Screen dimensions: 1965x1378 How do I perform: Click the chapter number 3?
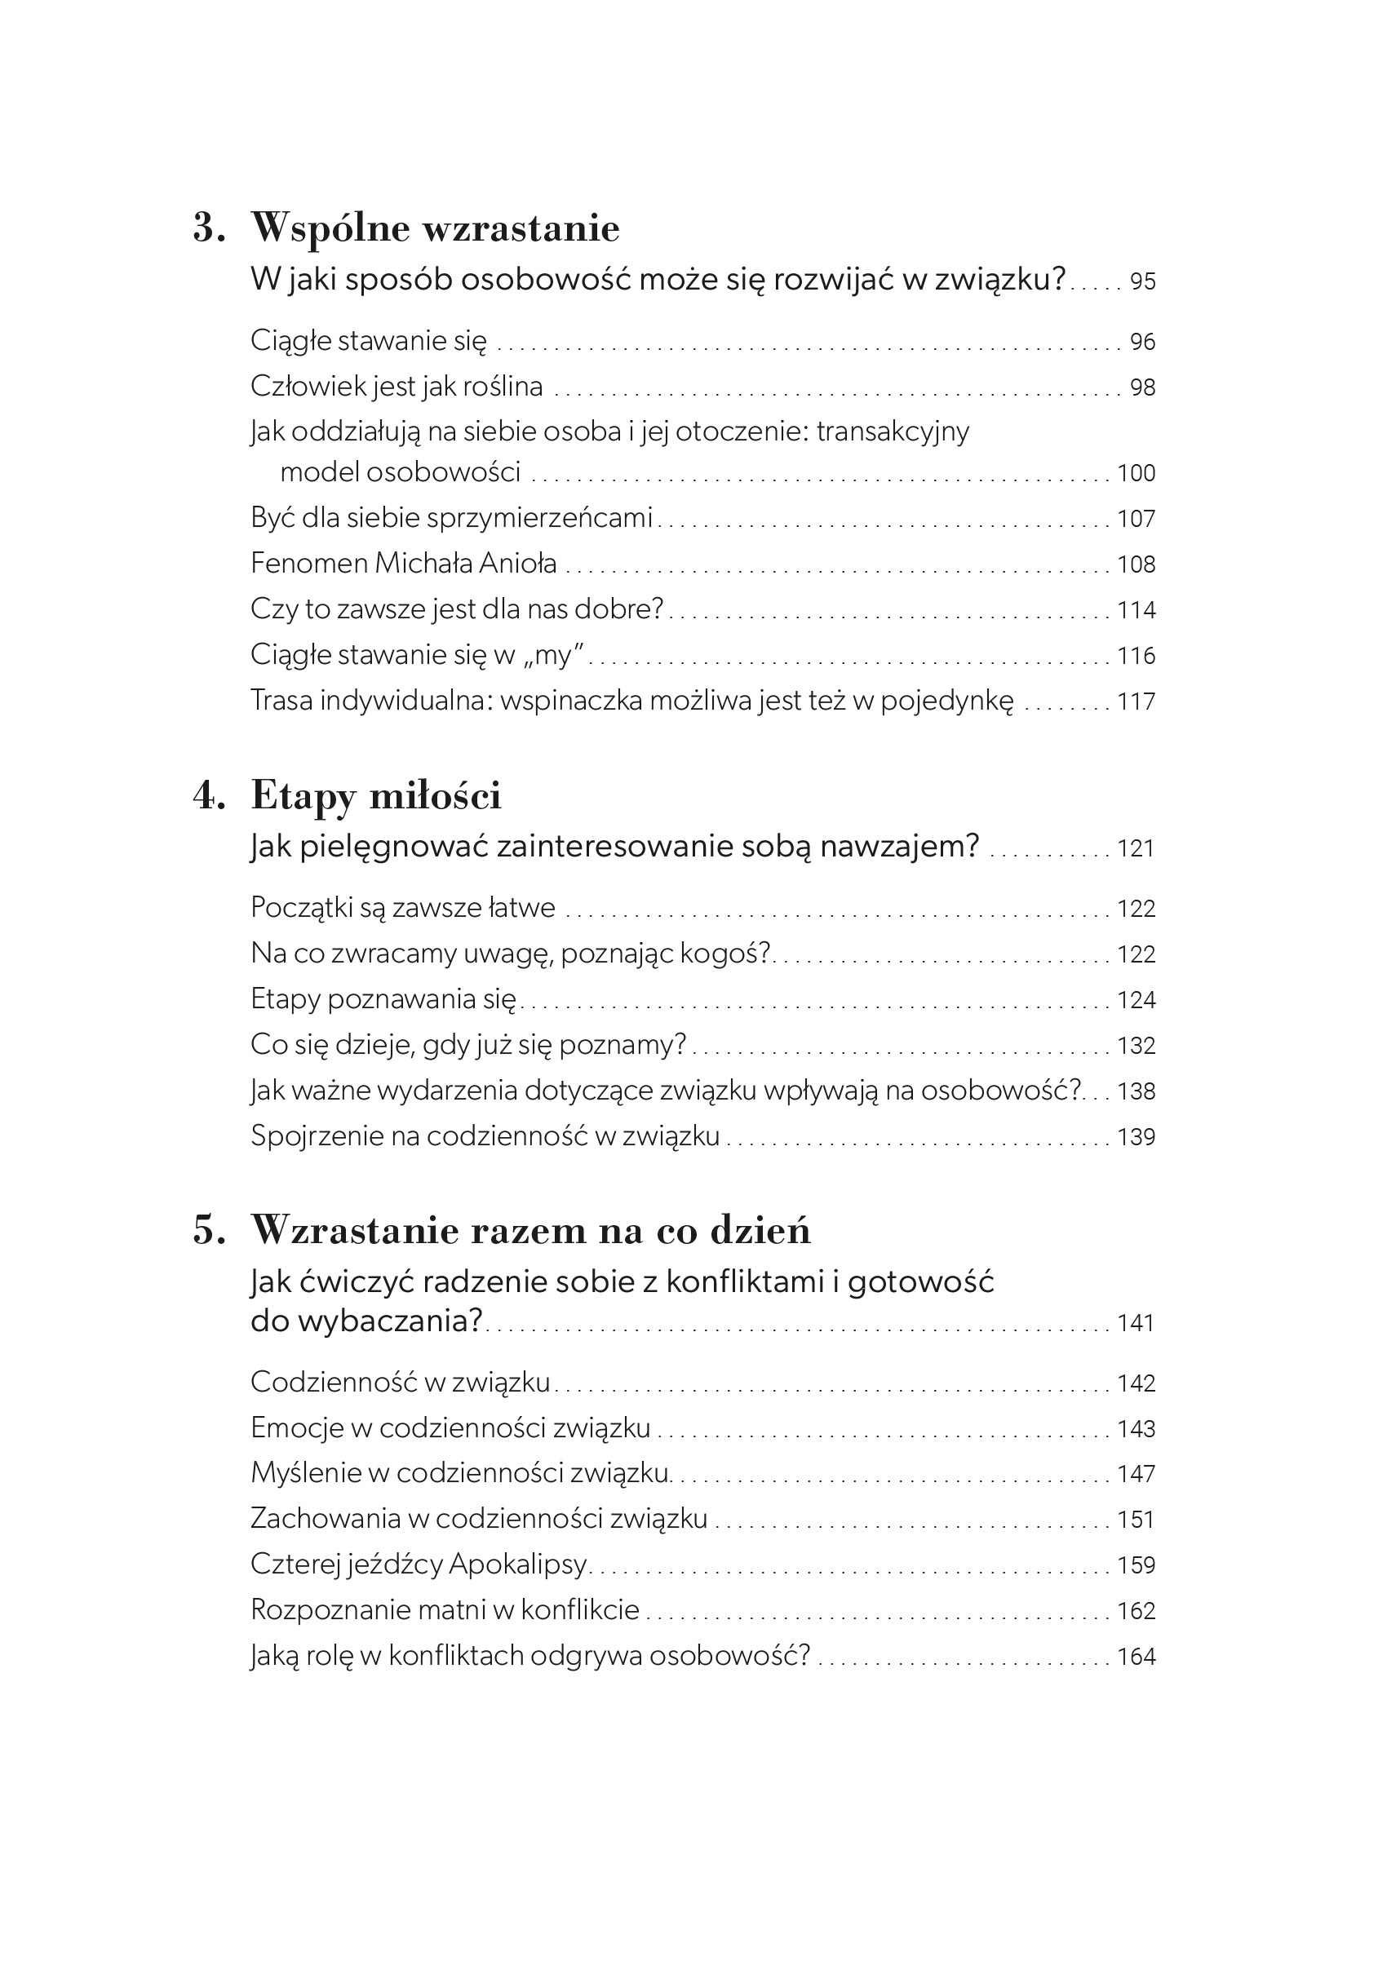[209, 228]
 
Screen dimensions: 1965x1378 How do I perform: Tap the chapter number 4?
[209, 796]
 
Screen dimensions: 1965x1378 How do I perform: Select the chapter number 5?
[209, 1231]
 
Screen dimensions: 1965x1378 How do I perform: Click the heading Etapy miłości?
[376, 796]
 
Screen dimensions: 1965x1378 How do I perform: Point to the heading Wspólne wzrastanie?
[435, 228]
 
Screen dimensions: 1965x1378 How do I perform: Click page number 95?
[1143, 281]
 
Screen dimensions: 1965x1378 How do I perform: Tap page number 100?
[1136, 473]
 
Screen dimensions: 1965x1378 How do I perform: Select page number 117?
[1136, 701]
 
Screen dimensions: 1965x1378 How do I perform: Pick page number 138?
[1136, 1091]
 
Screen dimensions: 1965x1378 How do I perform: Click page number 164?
[1136, 1656]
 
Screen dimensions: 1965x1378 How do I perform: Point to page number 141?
[1136, 1323]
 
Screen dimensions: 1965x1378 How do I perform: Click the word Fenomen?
[309, 563]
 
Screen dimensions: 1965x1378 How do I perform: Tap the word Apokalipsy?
[518, 1564]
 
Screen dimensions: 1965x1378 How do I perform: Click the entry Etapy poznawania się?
[383, 999]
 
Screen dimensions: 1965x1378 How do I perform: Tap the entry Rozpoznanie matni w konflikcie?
[445, 1610]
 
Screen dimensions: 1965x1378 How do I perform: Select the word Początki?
[300, 908]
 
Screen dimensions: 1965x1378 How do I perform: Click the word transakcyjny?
[893, 432]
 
